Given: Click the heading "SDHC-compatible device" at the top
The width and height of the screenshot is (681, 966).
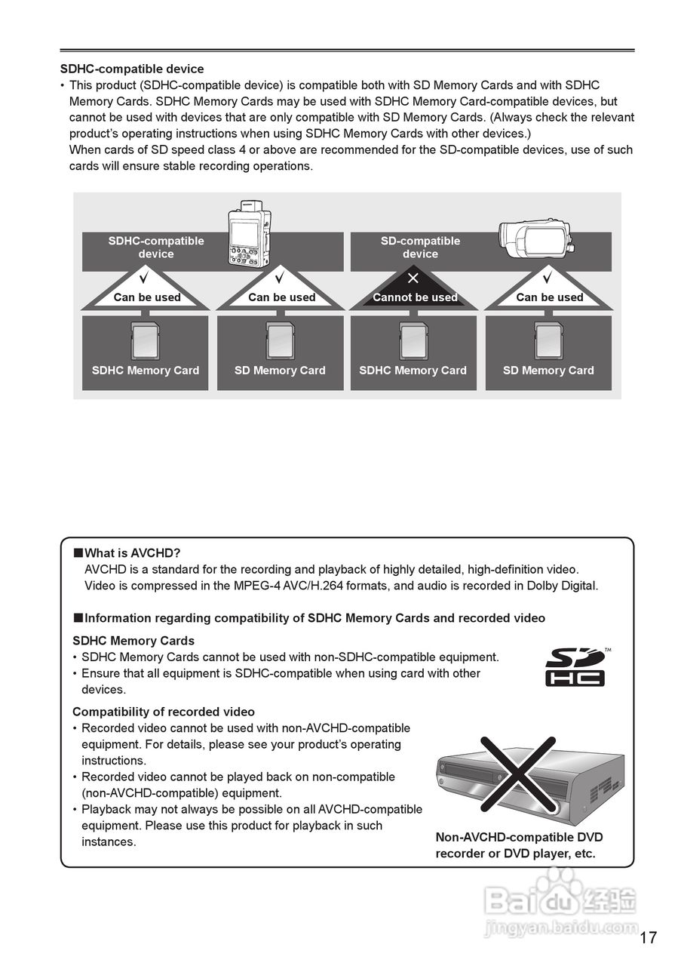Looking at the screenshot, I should pyautogui.click(x=132, y=69).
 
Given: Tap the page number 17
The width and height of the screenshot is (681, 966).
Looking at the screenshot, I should pyautogui.click(x=648, y=938).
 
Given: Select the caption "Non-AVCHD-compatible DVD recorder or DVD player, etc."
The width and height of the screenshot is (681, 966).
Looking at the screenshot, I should pyautogui.click(x=519, y=845).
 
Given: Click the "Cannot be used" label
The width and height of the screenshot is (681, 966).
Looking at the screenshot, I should pyautogui.click(x=415, y=297).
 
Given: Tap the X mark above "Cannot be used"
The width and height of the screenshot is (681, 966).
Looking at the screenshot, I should pyautogui.click(x=413, y=278).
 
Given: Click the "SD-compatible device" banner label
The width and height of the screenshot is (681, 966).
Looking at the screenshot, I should pyautogui.click(x=420, y=248).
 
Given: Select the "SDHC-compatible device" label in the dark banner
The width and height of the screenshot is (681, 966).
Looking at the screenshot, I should pyautogui.click(x=156, y=248).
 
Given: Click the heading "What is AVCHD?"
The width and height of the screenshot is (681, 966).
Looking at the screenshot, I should pyautogui.click(x=132, y=553).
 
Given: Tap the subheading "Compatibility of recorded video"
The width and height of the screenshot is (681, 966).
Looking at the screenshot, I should pyautogui.click(x=164, y=712).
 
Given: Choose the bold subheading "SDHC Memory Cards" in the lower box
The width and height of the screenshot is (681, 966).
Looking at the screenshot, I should pyautogui.click(x=133, y=641).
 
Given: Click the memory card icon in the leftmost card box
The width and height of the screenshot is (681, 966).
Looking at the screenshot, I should pyautogui.click(x=145, y=340).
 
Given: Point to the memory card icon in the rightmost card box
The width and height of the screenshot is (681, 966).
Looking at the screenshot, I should pyautogui.click(x=548, y=340).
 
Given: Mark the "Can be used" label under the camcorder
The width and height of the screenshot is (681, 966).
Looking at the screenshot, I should pyautogui.click(x=550, y=297).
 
